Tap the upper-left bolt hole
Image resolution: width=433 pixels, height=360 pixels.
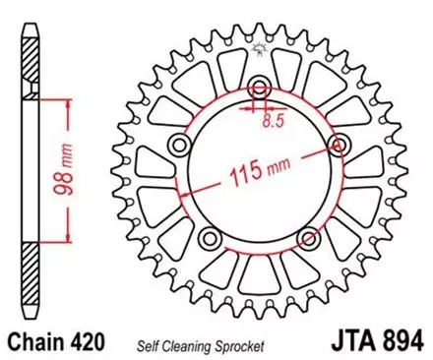tap(180, 146)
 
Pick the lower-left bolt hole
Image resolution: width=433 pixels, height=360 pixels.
tap(211, 238)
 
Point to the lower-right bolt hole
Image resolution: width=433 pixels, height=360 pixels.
tap(308, 237)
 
